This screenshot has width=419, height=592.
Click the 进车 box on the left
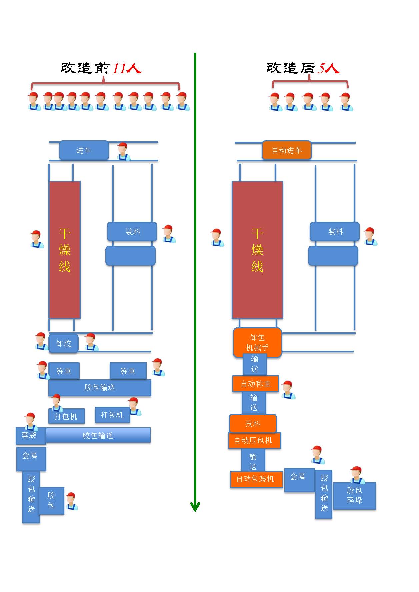click(x=84, y=150)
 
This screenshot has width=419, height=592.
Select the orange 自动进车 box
click(x=287, y=150)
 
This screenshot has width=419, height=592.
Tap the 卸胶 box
click(x=63, y=343)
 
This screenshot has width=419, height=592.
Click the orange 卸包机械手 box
click(x=257, y=343)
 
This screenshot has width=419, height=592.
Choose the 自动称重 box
click(x=255, y=384)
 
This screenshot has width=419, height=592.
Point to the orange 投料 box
click(x=253, y=424)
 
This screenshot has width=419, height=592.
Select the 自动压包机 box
click(x=254, y=440)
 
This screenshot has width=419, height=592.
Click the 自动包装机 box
click(x=255, y=479)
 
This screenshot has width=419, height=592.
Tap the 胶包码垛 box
click(x=354, y=495)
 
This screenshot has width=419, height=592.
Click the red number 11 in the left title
click(x=119, y=68)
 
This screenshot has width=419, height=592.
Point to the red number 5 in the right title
click(x=321, y=68)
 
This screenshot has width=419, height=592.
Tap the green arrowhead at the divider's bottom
click(x=195, y=506)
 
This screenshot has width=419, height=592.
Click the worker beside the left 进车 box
click(x=123, y=152)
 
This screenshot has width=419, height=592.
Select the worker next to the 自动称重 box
click(x=288, y=390)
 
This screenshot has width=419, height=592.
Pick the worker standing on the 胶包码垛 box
click(x=357, y=475)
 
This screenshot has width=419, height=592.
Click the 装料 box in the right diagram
click(x=335, y=232)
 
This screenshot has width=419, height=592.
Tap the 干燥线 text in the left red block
click(x=64, y=250)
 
